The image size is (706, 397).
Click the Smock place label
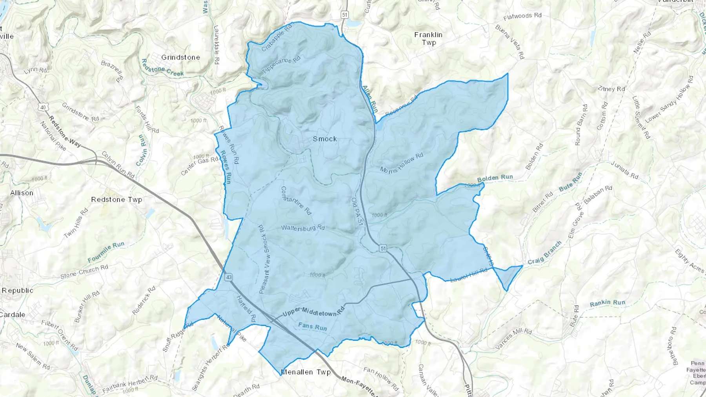[x=325, y=139]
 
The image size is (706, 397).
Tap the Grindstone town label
[x=180, y=57]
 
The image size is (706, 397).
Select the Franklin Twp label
[x=428, y=38]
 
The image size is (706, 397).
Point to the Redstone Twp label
[x=116, y=199]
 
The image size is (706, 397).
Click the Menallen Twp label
[x=306, y=372]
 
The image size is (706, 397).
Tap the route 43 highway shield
[x=229, y=277]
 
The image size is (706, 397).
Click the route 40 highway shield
[x=43, y=107]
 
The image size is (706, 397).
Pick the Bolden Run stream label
[x=495, y=178]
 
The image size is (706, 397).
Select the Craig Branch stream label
[x=544, y=253]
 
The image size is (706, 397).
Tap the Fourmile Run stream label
[x=106, y=252]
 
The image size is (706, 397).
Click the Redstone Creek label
[x=162, y=67]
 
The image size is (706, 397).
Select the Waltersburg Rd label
[x=303, y=227]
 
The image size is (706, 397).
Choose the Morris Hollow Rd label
[x=402, y=163]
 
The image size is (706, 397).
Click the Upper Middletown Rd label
[x=313, y=312]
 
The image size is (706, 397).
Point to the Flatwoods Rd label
[x=522, y=16]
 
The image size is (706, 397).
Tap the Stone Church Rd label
[x=84, y=271]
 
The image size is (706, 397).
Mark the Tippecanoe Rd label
[x=281, y=65]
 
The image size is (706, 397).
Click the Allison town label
[x=22, y=193]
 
